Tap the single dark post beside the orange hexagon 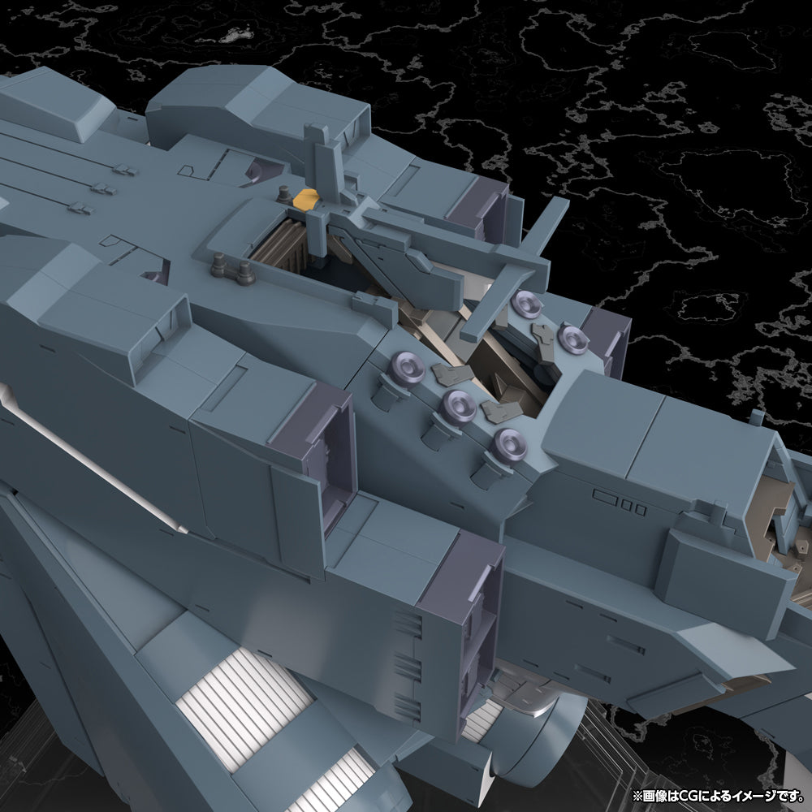pos(283,194)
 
